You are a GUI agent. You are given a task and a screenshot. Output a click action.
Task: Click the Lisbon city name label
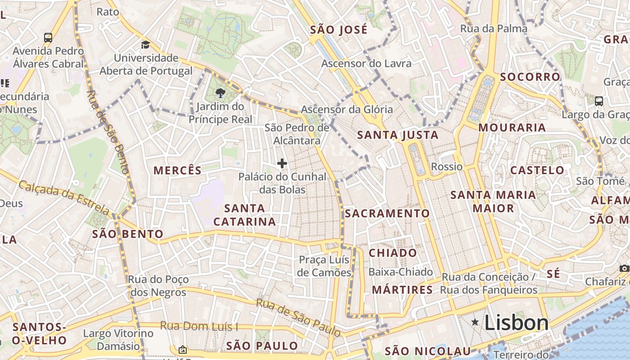coord(517,323)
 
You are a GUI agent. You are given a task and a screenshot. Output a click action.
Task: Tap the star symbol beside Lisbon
coord(475,322)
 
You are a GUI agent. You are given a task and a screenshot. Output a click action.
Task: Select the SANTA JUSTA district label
coord(397,135)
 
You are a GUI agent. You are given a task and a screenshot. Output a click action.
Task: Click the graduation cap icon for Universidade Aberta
coord(145,45)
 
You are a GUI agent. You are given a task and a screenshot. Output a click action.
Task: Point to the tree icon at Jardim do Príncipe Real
coord(220,93)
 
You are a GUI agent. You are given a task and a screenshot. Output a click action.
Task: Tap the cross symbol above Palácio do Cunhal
coord(282,163)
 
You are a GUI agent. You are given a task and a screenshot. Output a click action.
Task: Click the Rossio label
coord(446,166)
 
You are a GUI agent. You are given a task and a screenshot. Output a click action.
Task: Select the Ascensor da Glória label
coord(346,109)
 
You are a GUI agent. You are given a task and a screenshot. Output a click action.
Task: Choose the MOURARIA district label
coord(512,127)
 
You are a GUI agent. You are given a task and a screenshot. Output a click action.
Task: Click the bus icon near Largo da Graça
coord(599,101)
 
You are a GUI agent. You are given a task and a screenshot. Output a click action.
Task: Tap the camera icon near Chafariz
coord(624,269)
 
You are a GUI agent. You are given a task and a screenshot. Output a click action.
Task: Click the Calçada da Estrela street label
coord(64,198)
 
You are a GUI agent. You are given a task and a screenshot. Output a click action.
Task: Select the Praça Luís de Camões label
coord(324,266)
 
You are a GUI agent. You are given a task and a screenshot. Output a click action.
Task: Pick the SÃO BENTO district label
coord(128,234)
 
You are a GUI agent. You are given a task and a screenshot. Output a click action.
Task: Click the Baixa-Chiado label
coord(400,272)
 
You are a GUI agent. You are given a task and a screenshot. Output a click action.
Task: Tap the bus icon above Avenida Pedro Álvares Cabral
coord(48,37)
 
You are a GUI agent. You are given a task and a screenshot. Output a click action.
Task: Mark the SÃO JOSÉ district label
coord(339,30)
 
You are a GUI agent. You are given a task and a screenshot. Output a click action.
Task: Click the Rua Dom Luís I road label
coord(199,326)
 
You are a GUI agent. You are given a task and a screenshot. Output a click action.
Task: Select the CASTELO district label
coord(537,170)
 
